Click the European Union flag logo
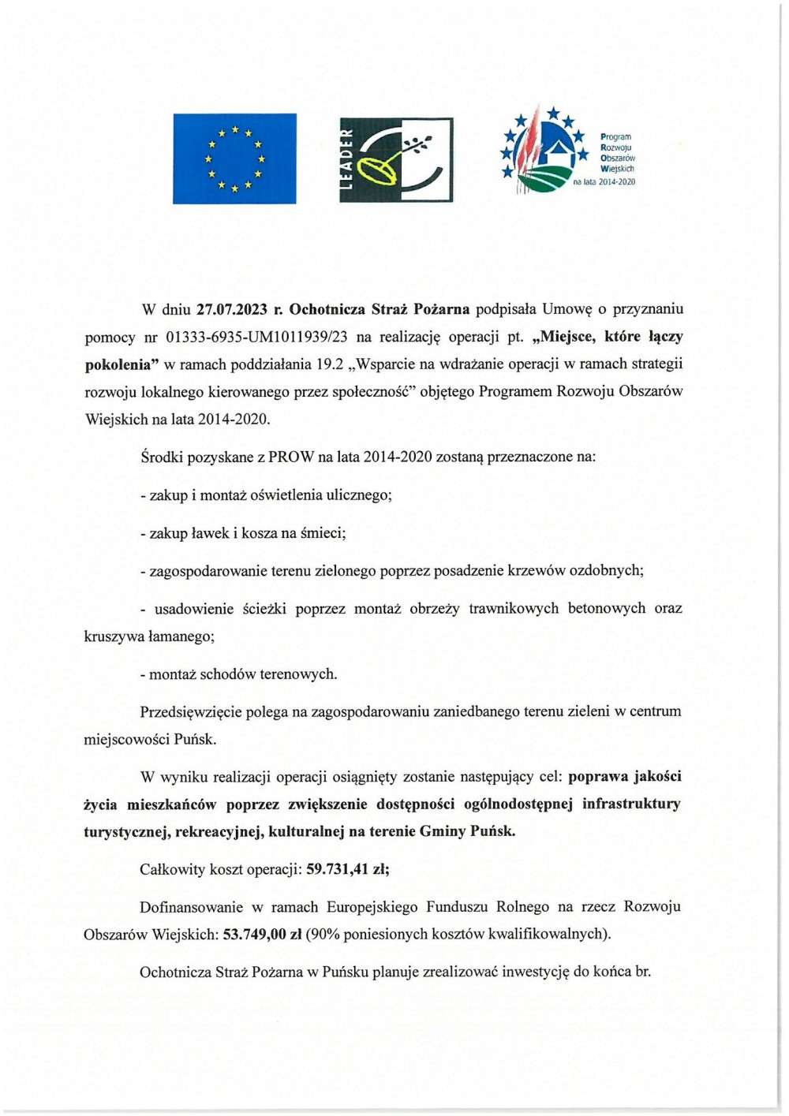(x=234, y=159)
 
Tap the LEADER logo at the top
(x=396, y=159)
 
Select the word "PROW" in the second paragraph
(x=290, y=457)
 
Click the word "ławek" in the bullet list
(x=210, y=533)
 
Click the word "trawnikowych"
(x=514, y=608)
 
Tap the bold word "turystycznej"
(x=125, y=831)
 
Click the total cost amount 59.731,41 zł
(x=347, y=869)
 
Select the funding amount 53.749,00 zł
(x=262, y=935)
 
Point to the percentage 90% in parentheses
(x=325, y=935)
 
